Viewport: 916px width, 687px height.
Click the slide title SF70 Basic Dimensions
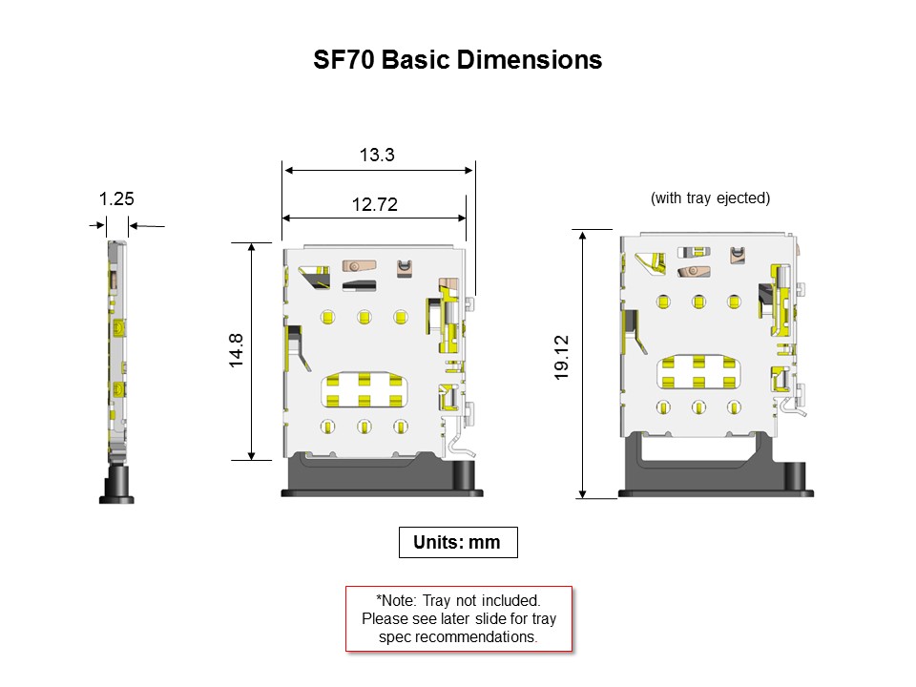pos(458,60)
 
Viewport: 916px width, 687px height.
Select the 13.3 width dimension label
pos(377,155)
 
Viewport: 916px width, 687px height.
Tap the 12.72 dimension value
pos(374,204)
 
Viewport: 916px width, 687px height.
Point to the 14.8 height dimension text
pos(237,351)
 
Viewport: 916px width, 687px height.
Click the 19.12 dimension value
pos(562,359)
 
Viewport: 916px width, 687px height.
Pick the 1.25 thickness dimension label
pos(116,199)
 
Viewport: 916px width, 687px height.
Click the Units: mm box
pos(457,542)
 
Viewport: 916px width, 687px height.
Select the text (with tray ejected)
pos(710,198)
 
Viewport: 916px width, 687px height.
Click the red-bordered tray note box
pos(458,618)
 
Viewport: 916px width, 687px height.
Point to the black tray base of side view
pos(116,487)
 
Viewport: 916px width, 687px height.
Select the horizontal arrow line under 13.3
pos(378,171)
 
